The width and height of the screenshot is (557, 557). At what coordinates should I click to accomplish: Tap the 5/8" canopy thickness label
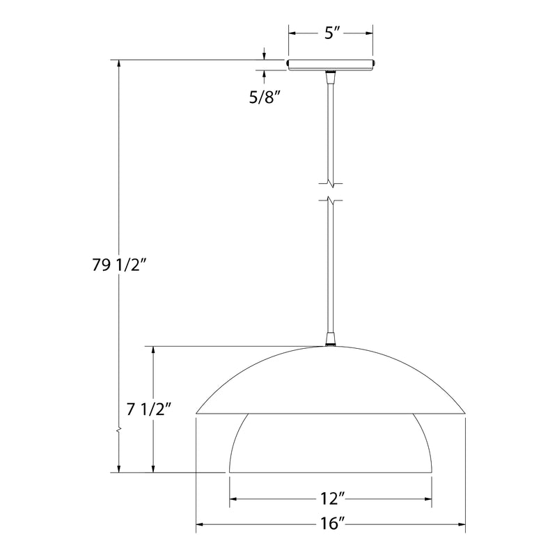pyautogui.click(x=263, y=97)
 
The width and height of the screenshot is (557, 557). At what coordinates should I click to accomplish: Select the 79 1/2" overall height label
pyautogui.click(x=120, y=265)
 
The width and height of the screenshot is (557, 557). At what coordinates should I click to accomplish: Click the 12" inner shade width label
pyautogui.click(x=331, y=499)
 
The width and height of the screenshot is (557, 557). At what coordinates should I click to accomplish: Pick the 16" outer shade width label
pyautogui.click(x=331, y=524)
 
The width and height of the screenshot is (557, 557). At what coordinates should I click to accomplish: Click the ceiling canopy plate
pyautogui.click(x=331, y=65)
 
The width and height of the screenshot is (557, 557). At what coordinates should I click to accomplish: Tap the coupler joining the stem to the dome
pyautogui.click(x=331, y=339)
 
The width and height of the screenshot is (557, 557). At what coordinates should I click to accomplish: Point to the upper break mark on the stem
pyautogui.click(x=331, y=184)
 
